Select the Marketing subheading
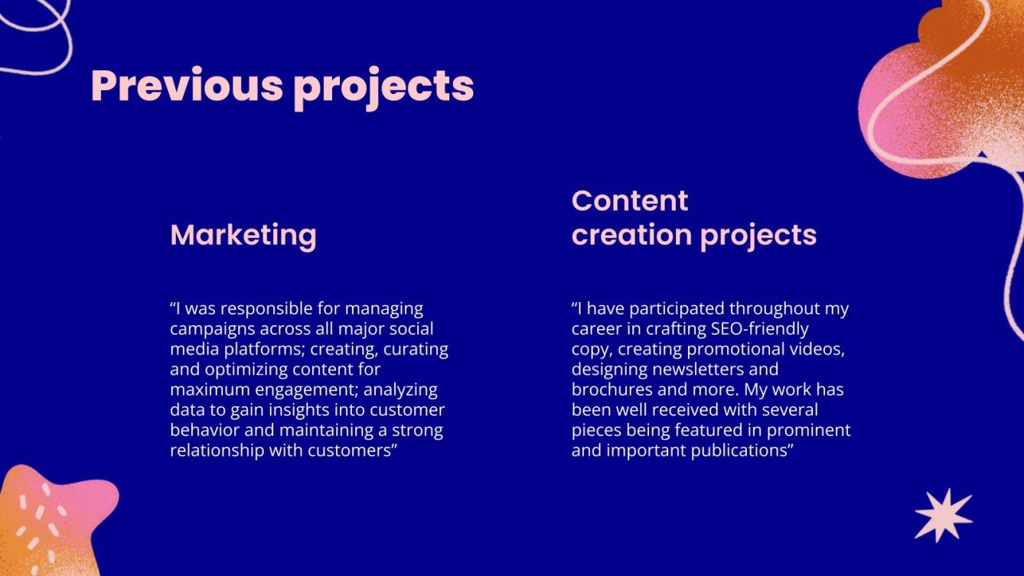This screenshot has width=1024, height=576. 243,235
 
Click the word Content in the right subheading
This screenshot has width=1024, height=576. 629,201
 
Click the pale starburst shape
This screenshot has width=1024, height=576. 943,515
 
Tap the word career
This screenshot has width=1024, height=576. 595,330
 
